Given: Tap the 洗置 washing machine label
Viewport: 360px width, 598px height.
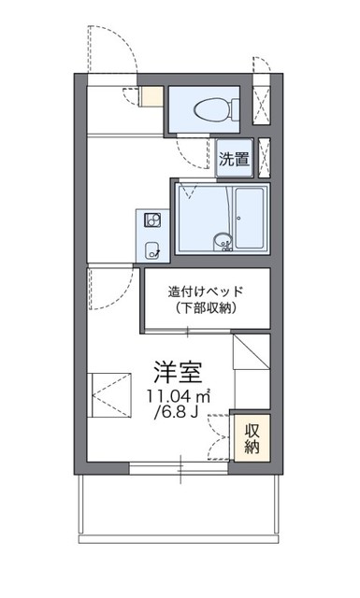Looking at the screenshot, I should (x=235, y=158).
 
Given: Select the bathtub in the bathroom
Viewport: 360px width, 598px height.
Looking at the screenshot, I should (x=250, y=218).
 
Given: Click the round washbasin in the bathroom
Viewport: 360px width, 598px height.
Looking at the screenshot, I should (x=223, y=239).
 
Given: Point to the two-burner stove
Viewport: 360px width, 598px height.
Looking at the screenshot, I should (x=151, y=221).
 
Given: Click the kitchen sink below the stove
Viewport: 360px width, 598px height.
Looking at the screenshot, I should (x=152, y=249).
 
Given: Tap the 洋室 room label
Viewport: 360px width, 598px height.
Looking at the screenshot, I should (x=178, y=372).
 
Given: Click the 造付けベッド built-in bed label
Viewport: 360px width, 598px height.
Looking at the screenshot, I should (x=206, y=291).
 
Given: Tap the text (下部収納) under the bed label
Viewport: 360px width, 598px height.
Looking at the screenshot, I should (x=206, y=308).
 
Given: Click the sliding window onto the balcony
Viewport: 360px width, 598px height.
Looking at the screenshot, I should (x=178, y=467).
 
